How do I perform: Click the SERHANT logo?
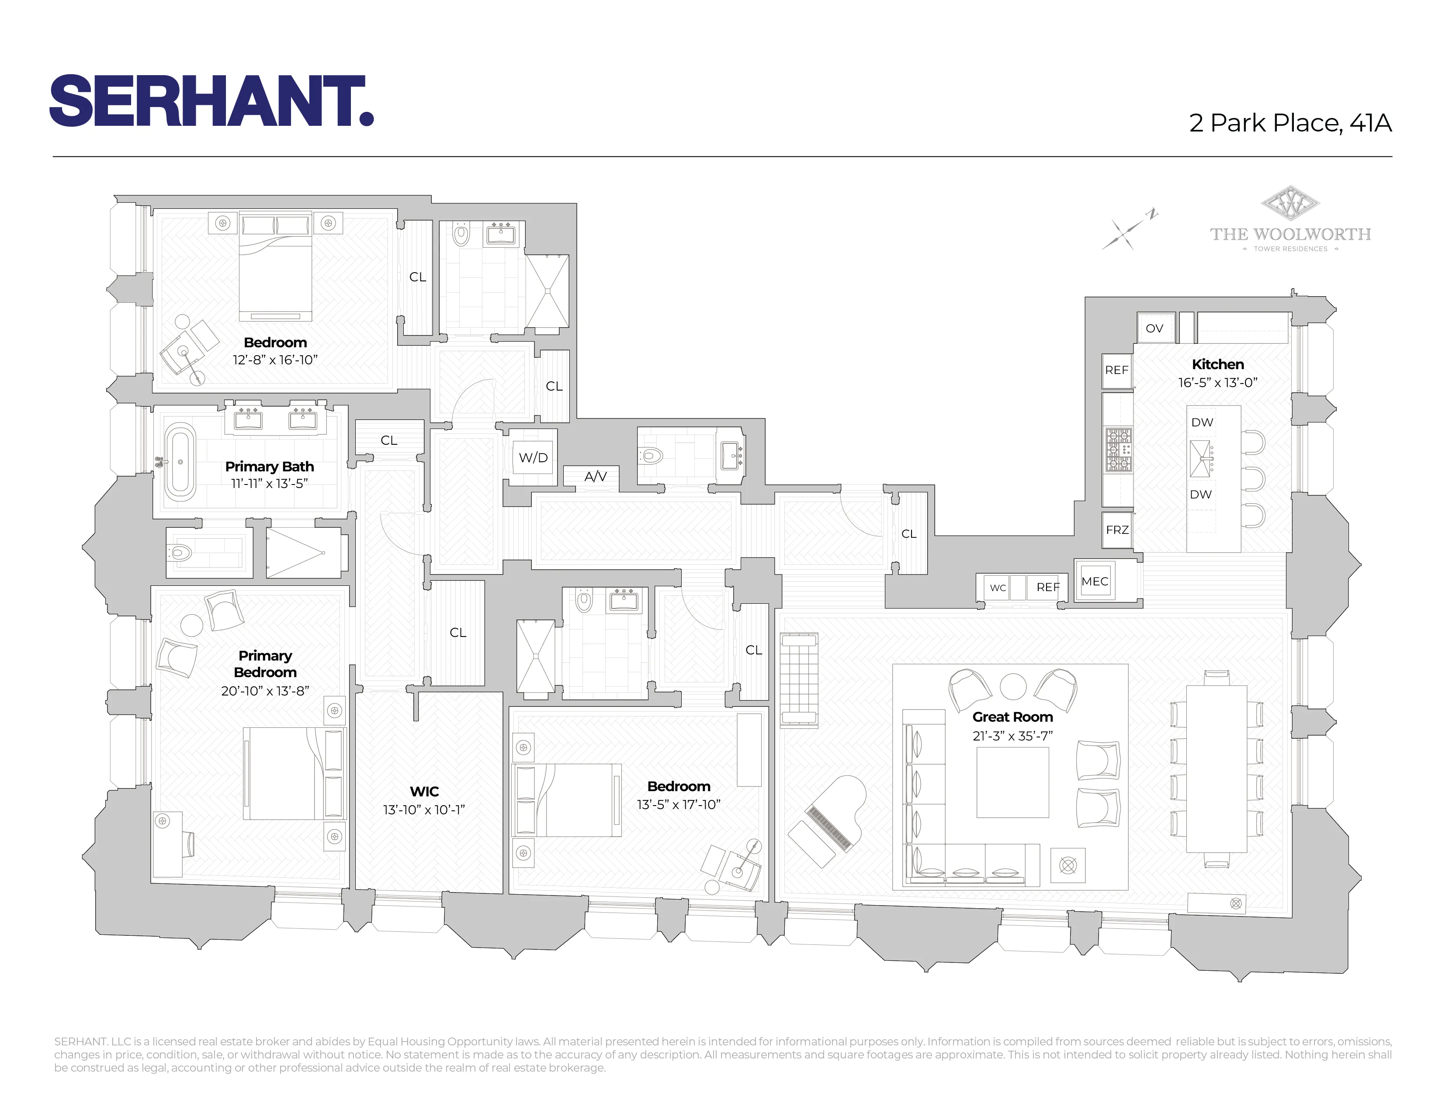[x=211, y=101]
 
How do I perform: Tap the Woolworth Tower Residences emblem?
[x=1289, y=204]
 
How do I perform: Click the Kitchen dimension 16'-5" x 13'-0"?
[x=1217, y=383]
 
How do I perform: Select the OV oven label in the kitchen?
[x=1154, y=329]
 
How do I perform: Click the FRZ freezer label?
[x=1117, y=530]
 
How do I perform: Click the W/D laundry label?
[x=533, y=457]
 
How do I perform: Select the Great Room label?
[x=1012, y=717]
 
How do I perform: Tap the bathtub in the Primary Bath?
[x=180, y=462]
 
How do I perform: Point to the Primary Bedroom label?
[x=265, y=664]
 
